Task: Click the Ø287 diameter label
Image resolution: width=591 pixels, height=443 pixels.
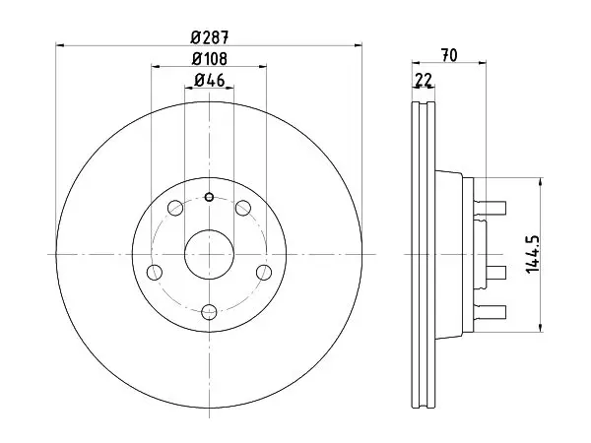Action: click(210, 37)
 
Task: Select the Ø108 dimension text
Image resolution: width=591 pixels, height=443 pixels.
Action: click(210, 59)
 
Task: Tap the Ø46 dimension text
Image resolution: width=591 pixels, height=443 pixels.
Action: click(210, 81)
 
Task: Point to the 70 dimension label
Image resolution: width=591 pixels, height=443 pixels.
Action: click(449, 55)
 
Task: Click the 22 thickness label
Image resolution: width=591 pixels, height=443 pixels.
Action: click(424, 80)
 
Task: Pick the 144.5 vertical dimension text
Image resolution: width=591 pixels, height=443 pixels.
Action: click(533, 255)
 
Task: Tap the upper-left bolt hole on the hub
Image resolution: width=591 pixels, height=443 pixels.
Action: click(175, 208)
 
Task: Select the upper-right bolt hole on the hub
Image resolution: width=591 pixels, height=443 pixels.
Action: click(243, 208)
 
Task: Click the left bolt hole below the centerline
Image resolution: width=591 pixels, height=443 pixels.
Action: click(155, 272)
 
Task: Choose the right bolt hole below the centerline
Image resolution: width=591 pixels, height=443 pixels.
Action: click(264, 272)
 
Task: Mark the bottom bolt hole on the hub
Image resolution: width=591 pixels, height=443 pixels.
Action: click(209, 312)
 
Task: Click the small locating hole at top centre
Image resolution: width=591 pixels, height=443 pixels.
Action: click(209, 197)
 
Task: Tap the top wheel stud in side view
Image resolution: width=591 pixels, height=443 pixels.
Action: click(490, 208)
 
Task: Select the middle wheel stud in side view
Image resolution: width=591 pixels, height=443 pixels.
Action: click(495, 273)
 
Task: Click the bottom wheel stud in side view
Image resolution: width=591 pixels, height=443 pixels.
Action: click(490, 312)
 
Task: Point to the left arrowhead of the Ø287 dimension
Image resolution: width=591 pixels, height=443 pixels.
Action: click(60, 45)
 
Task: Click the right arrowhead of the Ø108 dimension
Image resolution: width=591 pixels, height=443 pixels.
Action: click(263, 66)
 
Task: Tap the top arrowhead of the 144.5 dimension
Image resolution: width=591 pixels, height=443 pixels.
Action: click(541, 182)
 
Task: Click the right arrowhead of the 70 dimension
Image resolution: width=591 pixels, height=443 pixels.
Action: click(482, 63)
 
